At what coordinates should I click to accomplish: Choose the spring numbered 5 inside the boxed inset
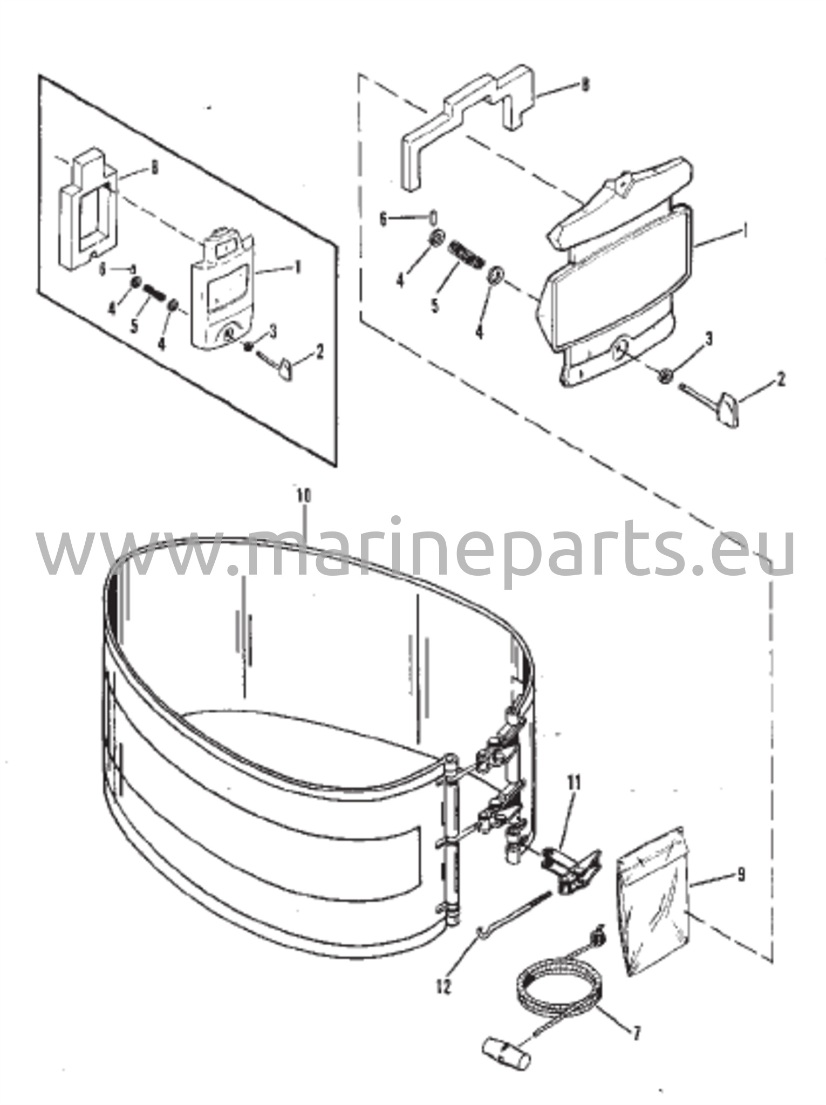153,294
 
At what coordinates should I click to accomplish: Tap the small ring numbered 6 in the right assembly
433,219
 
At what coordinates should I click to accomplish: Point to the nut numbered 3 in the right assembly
665,375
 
